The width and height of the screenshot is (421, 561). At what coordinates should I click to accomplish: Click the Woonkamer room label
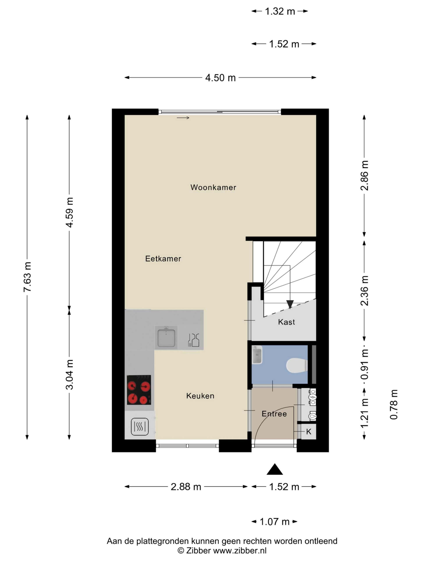tap(213, 187)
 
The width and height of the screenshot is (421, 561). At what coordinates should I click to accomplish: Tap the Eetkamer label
tap(163, 259)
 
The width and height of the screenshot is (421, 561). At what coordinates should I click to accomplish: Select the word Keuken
tap(200, 396)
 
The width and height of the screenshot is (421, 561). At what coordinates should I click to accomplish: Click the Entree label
tap(274, 414)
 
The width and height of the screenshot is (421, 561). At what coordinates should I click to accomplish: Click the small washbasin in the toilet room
tap(257, 355)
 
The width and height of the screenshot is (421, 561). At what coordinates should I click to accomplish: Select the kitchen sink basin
tap(166, 338)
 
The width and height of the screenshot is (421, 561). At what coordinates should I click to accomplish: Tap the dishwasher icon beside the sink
tap(193, 340)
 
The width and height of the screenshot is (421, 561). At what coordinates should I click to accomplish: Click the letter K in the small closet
tap(309, 432)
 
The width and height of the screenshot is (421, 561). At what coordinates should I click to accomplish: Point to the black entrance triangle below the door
tap(275, 469)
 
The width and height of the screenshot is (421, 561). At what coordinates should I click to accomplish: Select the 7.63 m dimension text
tap(27, 277)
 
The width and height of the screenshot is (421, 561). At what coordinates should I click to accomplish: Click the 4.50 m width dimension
tap(220, 78)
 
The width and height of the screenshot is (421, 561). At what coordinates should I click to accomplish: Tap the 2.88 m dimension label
tap(186, 487)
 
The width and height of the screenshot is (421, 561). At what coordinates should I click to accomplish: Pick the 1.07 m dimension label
tap(275, 522)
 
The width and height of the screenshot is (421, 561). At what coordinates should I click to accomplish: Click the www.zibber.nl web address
tap(240, 551)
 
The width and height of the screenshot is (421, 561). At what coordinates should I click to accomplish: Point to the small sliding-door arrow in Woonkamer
tap(183, 118)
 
